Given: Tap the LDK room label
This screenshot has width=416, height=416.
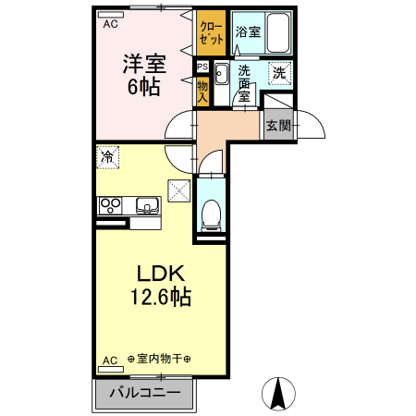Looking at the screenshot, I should point(162,275).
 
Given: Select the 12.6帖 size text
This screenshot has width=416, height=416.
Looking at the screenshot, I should point(160,299).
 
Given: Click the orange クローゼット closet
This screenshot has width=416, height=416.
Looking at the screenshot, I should point(211,33).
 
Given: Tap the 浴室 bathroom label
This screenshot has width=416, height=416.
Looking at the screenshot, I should point(247,31).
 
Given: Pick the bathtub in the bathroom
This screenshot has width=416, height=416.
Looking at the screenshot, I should point(277,33).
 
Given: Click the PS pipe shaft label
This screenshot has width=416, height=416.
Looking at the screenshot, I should point(202,67).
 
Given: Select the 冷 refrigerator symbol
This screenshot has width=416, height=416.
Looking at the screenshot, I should point(108,158).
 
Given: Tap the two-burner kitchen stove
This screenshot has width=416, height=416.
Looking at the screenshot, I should point(110,204).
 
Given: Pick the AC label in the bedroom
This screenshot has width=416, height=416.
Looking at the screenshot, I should point(110,24).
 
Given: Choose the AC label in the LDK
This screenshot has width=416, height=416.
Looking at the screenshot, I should point(109,360).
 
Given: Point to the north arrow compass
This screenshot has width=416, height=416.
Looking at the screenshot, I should point(276,396).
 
